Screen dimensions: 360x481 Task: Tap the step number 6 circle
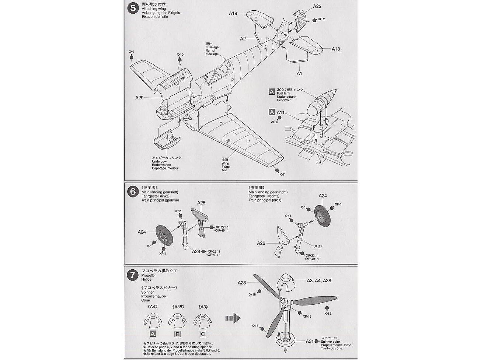point(132,192)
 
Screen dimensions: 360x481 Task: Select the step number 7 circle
point(132,275)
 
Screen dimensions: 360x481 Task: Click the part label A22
point(317,6)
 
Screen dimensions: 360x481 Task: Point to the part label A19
point(233,14)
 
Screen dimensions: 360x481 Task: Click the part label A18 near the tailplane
point(335,49)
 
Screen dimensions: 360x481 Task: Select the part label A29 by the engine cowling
point(139,98)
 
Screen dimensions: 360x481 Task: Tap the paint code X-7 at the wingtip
point(282,174)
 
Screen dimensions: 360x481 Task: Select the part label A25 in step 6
point(201,203)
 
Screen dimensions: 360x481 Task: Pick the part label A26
point(261,243)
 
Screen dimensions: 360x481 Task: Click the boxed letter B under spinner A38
point(177,334)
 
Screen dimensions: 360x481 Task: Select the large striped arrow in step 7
point(233,318)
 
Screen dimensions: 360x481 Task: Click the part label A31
point(309,341)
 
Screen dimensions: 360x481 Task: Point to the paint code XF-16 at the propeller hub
point(307,317)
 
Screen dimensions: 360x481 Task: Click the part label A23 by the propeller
point(241,283)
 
